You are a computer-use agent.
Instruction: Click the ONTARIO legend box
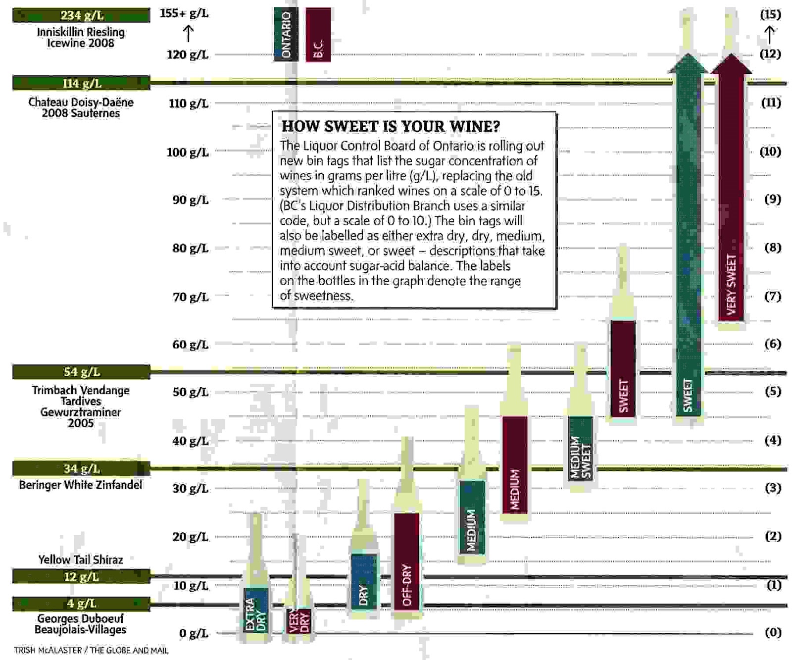pos(286,34)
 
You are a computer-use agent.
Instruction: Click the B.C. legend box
pos(318,34)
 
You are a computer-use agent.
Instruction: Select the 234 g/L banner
pos(81,15)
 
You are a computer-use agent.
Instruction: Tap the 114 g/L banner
pos(81,83)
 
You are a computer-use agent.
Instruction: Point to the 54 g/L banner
pos(81,372)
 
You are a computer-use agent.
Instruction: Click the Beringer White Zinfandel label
pos(81,485)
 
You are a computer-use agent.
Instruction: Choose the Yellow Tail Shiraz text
pos(81,560)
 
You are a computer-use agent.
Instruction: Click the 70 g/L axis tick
pos(190,297)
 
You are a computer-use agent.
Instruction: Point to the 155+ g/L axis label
pos(184,13)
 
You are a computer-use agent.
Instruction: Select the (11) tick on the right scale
pos(771,102)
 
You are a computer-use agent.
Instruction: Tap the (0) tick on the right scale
pos(773,632)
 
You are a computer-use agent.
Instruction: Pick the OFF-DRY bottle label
pos(406,585)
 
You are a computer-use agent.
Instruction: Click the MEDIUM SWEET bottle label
pos(580,458)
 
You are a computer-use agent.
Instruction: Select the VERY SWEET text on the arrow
pos(731,284)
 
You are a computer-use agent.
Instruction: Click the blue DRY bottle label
pos(364,595)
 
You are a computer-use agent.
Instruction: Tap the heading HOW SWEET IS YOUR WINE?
pos(391,126)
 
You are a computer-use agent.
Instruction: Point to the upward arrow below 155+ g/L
pos(188,34)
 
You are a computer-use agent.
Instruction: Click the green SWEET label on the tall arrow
pos(688,395)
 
